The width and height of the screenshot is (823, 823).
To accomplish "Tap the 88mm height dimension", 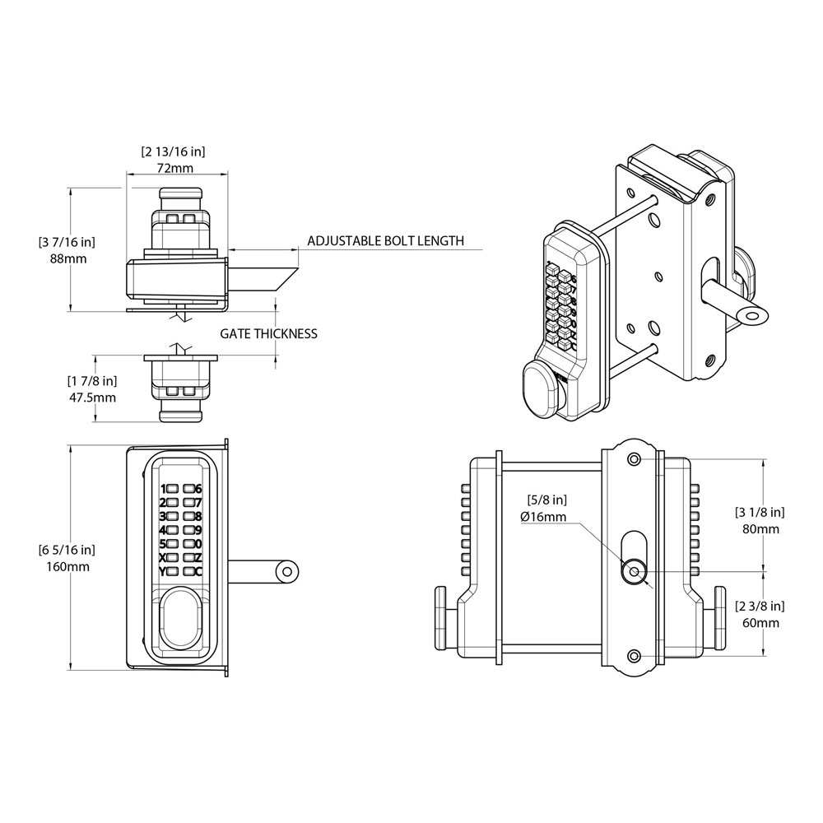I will point(68,258).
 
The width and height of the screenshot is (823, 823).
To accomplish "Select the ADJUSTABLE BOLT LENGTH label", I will point(385,241).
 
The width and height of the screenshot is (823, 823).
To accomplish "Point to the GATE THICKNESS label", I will point(268,334).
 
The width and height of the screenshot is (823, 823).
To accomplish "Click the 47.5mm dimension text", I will point(91,397).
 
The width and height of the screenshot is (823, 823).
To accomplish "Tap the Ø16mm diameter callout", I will point(543,516).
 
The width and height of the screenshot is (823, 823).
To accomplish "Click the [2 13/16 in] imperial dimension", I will point(173,151).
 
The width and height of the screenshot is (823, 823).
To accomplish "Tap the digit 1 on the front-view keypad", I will point(164,489).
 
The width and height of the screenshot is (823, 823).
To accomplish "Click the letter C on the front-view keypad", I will point(198,571).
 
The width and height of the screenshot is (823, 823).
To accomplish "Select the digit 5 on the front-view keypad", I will point(163,544).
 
